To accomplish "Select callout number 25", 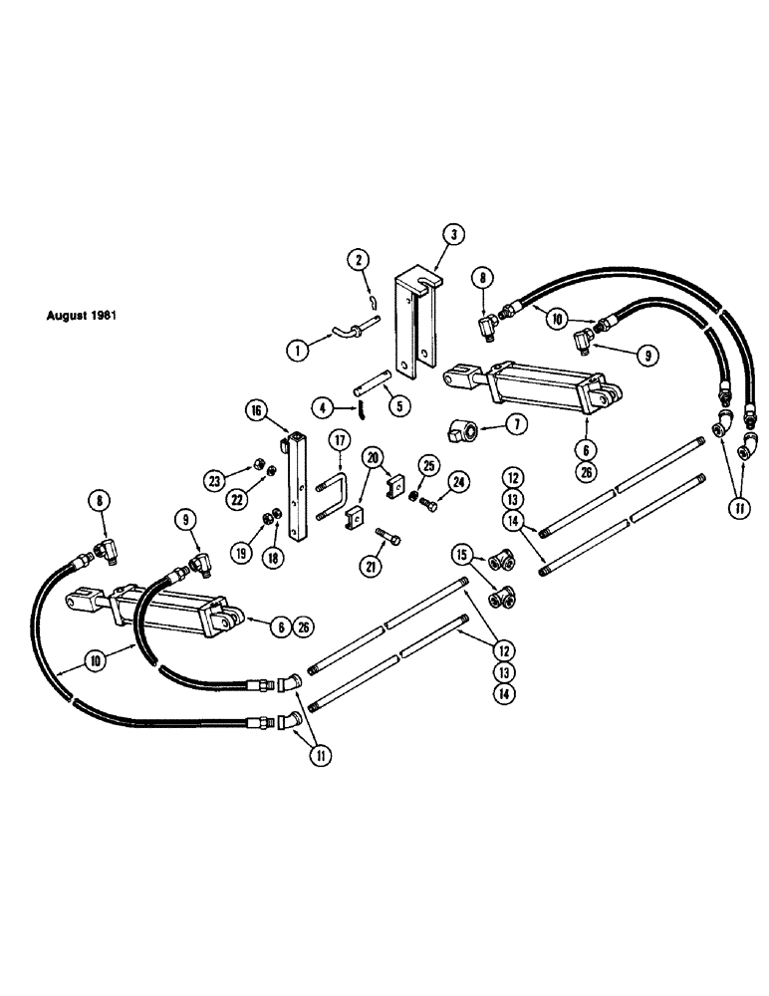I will (429, 465).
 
